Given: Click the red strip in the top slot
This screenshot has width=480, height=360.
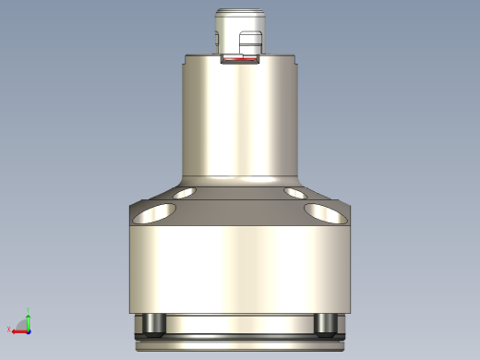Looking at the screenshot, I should [x=240, y=64].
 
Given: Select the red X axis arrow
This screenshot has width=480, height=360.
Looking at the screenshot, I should [x=18, y=330].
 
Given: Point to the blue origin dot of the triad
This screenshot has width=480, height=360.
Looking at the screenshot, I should [x=28, y=330].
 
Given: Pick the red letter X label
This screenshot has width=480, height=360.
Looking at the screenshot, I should [x=9, y=330].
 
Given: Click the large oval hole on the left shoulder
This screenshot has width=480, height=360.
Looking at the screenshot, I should [x=153, y=214].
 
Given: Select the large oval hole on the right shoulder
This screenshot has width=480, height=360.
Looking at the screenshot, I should [x=327, y=214].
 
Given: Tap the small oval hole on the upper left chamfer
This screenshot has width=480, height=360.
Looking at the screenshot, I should [x=184, y=194].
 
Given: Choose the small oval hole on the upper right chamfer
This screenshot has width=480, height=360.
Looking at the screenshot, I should [x=296, y=194].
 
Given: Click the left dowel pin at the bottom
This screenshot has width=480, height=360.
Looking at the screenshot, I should [x=153, y=324].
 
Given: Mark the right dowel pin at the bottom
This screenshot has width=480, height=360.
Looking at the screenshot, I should [x=326, y=324].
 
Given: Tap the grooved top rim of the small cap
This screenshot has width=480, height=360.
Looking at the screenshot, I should [x=240, y=14].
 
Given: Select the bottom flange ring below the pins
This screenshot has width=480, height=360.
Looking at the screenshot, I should [x=240, y=345].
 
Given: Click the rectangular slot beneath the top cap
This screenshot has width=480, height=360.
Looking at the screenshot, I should [x=240, y=59].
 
